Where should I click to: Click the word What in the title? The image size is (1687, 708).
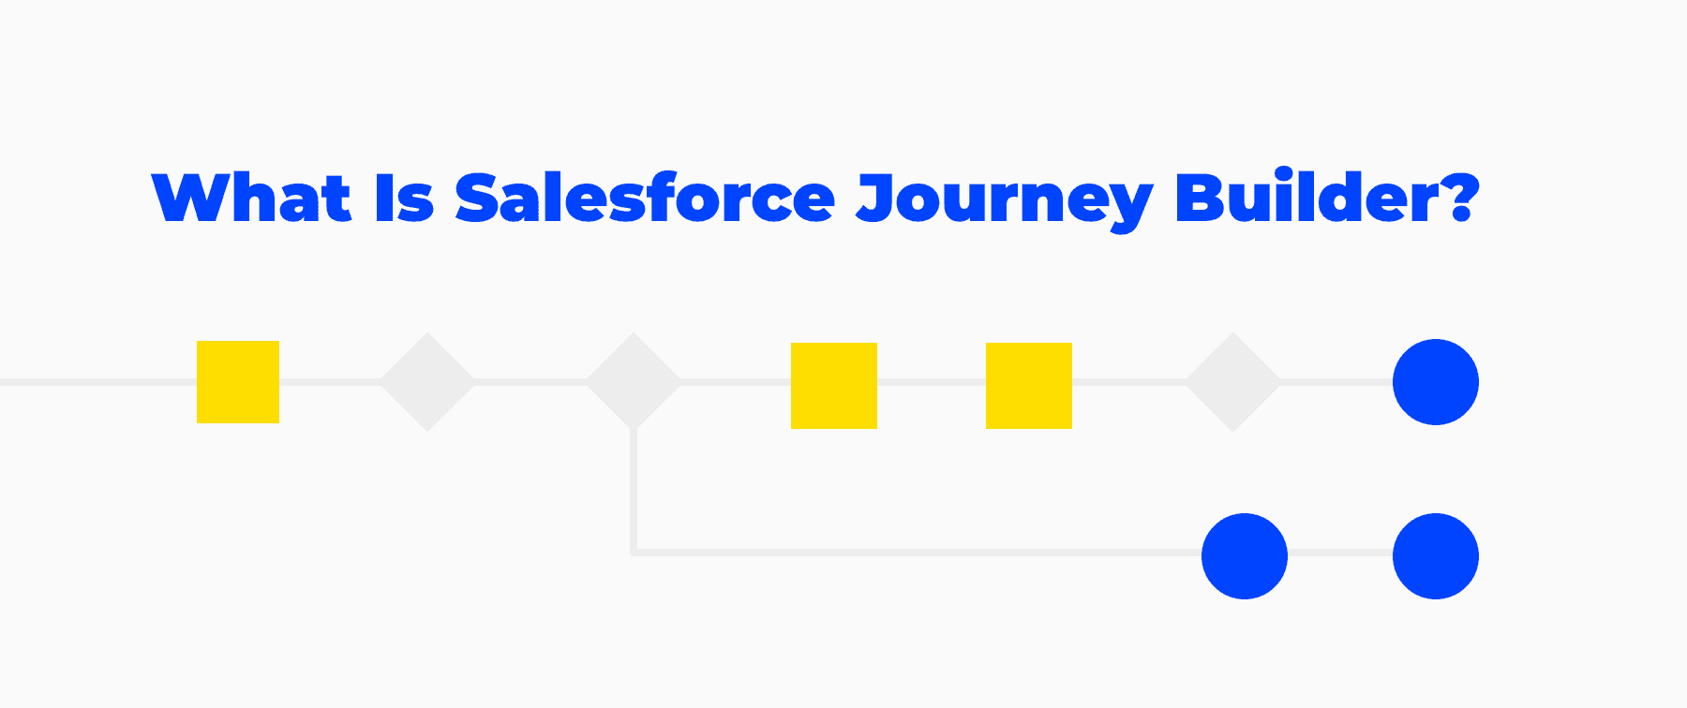coord(251,198)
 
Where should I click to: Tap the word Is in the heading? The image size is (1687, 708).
coord(404,198)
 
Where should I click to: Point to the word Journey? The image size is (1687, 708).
coord(1004,201)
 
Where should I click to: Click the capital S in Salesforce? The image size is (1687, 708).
coord(479,198)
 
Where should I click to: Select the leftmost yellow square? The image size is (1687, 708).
coord(238,382)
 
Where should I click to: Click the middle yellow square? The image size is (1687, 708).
coord(834,386)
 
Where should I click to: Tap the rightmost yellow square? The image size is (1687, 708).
coord(1029,386)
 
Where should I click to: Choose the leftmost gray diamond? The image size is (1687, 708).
coord(427,382)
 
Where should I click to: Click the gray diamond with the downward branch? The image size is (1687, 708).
coord(634,382)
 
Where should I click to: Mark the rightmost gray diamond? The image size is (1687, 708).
coord(1233,382)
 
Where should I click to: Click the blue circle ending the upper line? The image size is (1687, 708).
coord(1436,382)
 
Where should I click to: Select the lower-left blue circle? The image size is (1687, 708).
coord(1245,556)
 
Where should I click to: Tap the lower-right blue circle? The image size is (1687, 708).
coord(1436,556)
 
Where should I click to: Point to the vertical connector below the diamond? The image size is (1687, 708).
coord(634,491)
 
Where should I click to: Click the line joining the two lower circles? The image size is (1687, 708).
coord(1340,553)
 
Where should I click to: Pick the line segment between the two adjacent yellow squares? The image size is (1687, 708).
coord(932,382)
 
